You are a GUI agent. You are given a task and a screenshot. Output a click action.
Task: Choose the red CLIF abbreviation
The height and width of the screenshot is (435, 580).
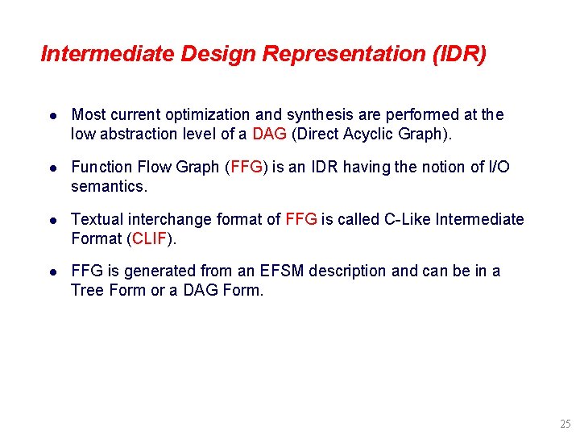[x=148, y=238]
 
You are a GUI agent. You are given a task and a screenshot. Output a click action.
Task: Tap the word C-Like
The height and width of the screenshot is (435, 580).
[x=404, y=219]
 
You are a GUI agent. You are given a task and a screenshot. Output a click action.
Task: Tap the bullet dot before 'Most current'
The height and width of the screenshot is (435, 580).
[x=52, y=116]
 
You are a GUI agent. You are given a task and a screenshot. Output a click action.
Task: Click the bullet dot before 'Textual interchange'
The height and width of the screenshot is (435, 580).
[x=52, y=220]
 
